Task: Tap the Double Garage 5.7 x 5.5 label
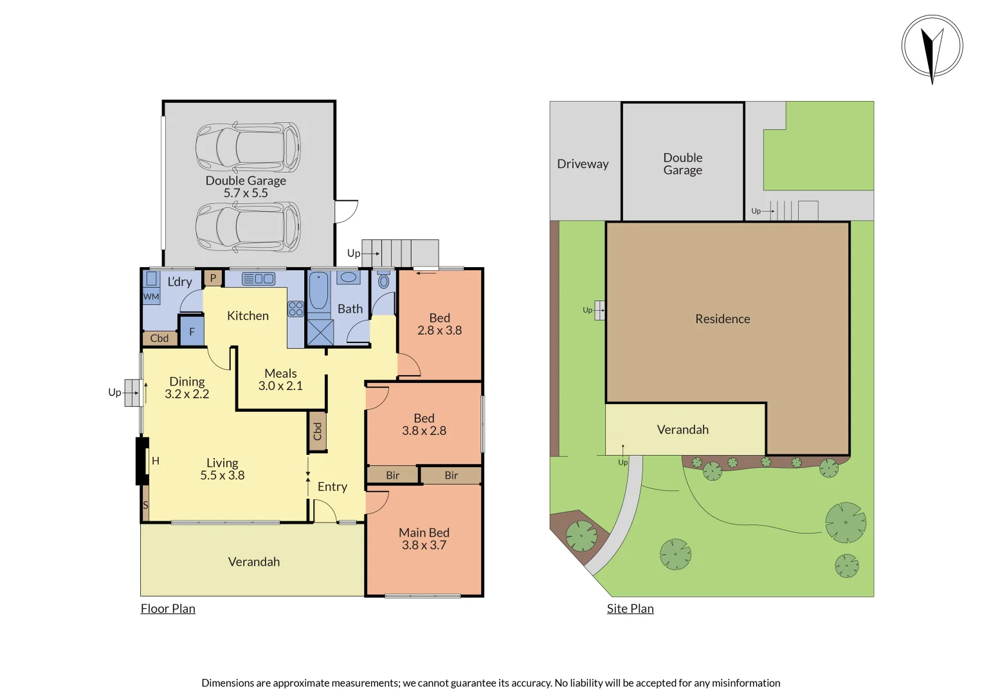pyautogui.click(x=246, y=187)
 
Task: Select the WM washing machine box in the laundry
pyautogui.click(x=151, y=297)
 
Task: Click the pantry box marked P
pyautogui.click(x=213, y=278)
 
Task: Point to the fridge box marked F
pyautogui.click(x=192, y=332)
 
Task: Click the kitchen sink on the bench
pyautogui.click(x=259, y=279)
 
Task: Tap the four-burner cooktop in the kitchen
pyautogui.click(x=295, y=309)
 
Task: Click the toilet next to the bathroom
pyautogui.click(x=384, y=281)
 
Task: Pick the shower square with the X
pyautogui.click(x=320, y=332)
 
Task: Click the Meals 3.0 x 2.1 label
pyautogui.click(x=280, y=380)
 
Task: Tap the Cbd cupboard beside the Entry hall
pyautogui.click(x=317, y=431)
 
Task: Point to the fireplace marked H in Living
pyautogui.click(x=143, y=461)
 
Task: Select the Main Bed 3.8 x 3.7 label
pyautogui.click(x=424, y=539)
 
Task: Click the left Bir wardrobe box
pyautogui.click(x=392, y=476)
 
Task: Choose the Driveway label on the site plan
pyautogui.click(x=583, y=164)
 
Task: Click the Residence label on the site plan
pyautogui.click(x=722, y=319)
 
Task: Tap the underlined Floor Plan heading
pyautogui.click(x=168, y=609)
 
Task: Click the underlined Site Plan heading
pyautogui.click(x=630, y=609)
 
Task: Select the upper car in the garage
pyautogui.click(x=248, y=147)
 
